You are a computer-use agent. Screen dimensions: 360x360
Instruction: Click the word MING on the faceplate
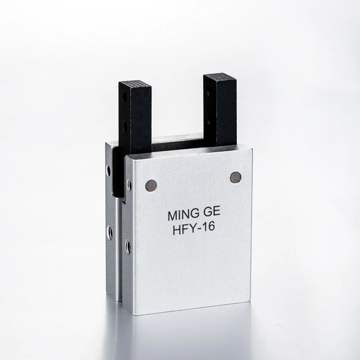point(181,215)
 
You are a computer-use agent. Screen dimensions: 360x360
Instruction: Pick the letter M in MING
point(172,215)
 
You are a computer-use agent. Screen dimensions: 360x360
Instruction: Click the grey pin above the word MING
point(152,185)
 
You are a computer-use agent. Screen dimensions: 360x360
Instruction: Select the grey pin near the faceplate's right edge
point(235,177)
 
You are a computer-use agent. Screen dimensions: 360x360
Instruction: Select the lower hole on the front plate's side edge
point(128,246)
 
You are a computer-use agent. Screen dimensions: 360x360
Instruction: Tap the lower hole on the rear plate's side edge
point(109,232)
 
